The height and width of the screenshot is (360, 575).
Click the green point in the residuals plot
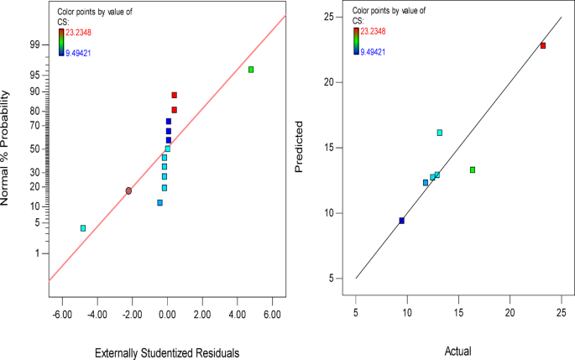(251, 70)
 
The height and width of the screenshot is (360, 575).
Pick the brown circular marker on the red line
(128, 191)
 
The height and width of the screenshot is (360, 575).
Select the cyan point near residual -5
(83, 228)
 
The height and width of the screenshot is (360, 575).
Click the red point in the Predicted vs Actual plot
(543, 45)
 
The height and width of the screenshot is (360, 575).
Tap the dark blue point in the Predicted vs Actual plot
(402, 221)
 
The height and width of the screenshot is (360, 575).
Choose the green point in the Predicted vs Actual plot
(473, 170)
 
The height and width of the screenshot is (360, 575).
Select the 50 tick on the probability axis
(34, 149)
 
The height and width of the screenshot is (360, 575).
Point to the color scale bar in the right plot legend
(356, 41)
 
